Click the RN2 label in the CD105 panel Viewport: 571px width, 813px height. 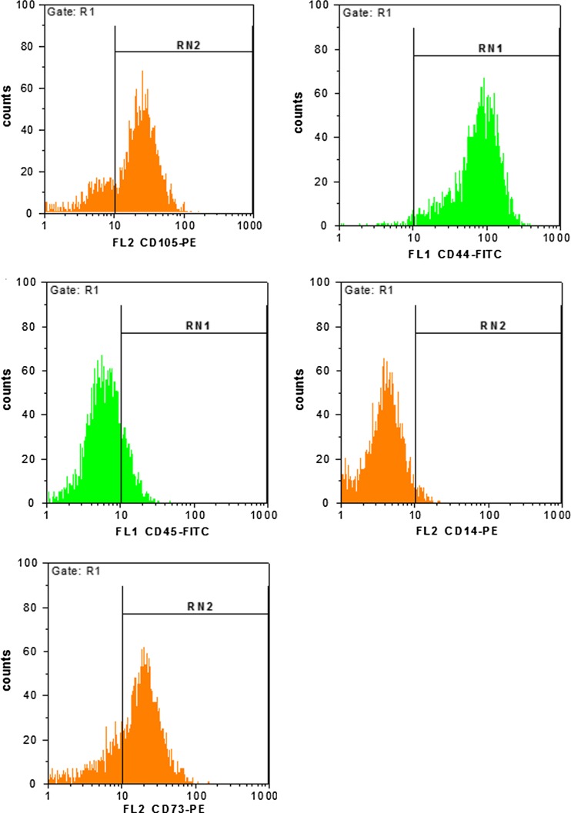[184, 45]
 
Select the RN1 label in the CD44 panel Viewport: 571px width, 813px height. [486, 48]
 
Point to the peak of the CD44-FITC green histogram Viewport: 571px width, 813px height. [483, 78]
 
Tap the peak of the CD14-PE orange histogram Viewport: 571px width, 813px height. [384, 359]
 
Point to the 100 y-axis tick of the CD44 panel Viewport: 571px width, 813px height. [322, 5]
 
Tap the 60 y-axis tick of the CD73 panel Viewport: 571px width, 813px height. [29, 651]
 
